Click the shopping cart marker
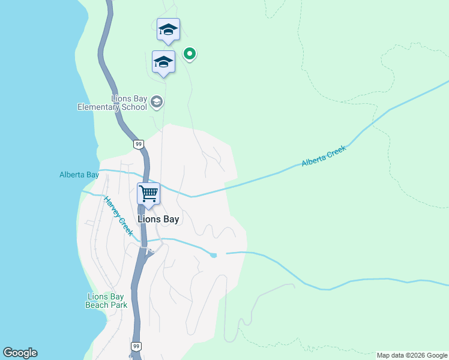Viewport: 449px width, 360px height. [x=148, y=194]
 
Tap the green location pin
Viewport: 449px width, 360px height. [x=190, y=54]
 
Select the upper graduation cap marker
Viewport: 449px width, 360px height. [x=168, y=29]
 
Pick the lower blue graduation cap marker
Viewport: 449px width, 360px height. [x=163, y=62]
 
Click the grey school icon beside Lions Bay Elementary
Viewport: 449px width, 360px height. [x=157, y=101]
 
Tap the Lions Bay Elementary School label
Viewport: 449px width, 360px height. [x=112, y=103]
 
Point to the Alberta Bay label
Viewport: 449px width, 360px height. [x=79, y=175]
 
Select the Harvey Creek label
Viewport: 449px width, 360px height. [x=118, y=217]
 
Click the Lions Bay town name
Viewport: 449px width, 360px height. [x=158, y=220]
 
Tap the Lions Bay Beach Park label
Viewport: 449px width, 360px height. [x=106, y=301]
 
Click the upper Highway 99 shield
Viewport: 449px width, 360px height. [x=139, y=144]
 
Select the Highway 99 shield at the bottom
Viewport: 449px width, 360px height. [x=136, y=347]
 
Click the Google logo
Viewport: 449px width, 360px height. [x=20, y=353]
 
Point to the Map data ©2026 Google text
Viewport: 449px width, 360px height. [x=412, y=356]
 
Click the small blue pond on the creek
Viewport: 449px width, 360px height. [x=214, y=255]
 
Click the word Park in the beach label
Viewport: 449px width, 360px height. [x=118, y=305]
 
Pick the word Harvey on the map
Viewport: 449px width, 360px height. [x=112, y=208]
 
